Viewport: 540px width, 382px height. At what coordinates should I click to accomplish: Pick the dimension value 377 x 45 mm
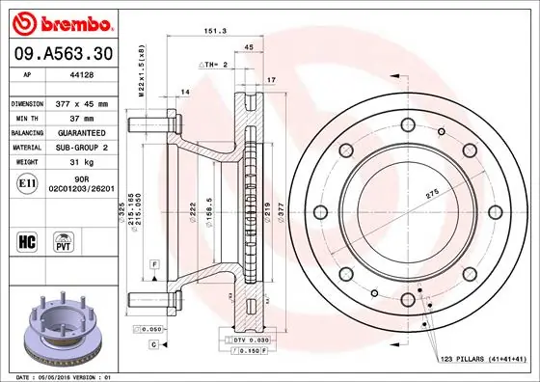83,101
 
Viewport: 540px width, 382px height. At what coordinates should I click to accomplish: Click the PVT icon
62,239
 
